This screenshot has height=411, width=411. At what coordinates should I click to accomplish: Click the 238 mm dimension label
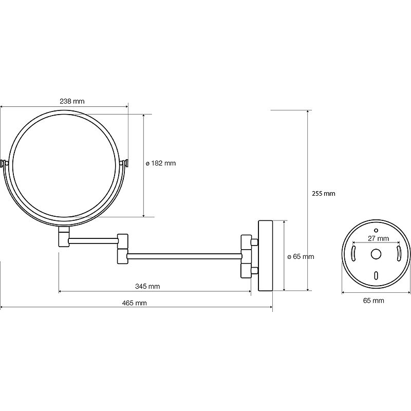click(72, 101)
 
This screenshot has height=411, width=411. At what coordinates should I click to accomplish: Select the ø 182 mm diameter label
click(161, 163)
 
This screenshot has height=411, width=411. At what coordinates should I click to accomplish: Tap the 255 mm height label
click(324, 194)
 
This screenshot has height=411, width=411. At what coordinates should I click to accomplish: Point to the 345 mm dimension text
click(147, 286)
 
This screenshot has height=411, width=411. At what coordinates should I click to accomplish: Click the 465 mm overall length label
click(135, 303)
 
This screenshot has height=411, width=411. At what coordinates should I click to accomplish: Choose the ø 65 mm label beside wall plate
click(301, 256)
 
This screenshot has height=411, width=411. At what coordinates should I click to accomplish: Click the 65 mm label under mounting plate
click(373, 301)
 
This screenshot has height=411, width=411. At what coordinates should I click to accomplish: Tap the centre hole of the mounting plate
click(376, 254)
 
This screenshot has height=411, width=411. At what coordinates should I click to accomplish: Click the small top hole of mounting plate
click(376, 230)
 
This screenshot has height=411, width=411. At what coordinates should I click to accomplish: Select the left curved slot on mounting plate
click(353, 254)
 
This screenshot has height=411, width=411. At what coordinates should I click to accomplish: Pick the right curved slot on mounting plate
click(399, 254)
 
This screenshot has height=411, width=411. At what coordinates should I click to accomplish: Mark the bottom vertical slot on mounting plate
click(376, 275)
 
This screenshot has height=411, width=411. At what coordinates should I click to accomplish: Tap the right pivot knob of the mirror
click(124, 163)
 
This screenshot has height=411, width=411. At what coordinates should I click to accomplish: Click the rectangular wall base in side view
click(266, 255)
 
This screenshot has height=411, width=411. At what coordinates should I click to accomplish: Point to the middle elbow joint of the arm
click(123, 249)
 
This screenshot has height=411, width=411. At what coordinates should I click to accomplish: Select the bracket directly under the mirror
click(64, 237)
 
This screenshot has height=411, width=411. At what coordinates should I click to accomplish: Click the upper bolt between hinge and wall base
click(254, 241)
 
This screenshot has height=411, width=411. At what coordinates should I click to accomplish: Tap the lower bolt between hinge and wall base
click(254, 271)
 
